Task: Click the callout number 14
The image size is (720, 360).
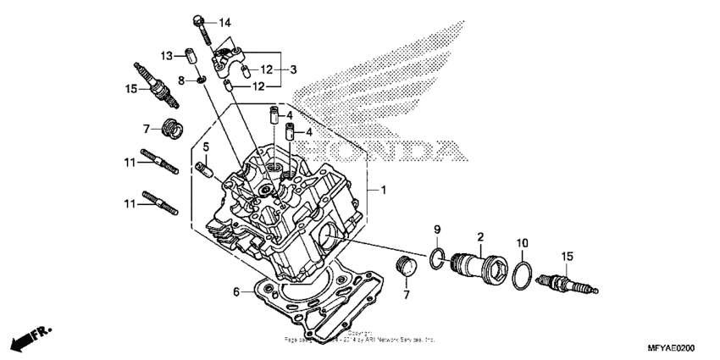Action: point(224,21)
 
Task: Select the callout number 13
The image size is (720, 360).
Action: point(168,55)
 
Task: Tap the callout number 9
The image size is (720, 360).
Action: point(438,230)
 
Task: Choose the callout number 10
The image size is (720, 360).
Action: point(522,241)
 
